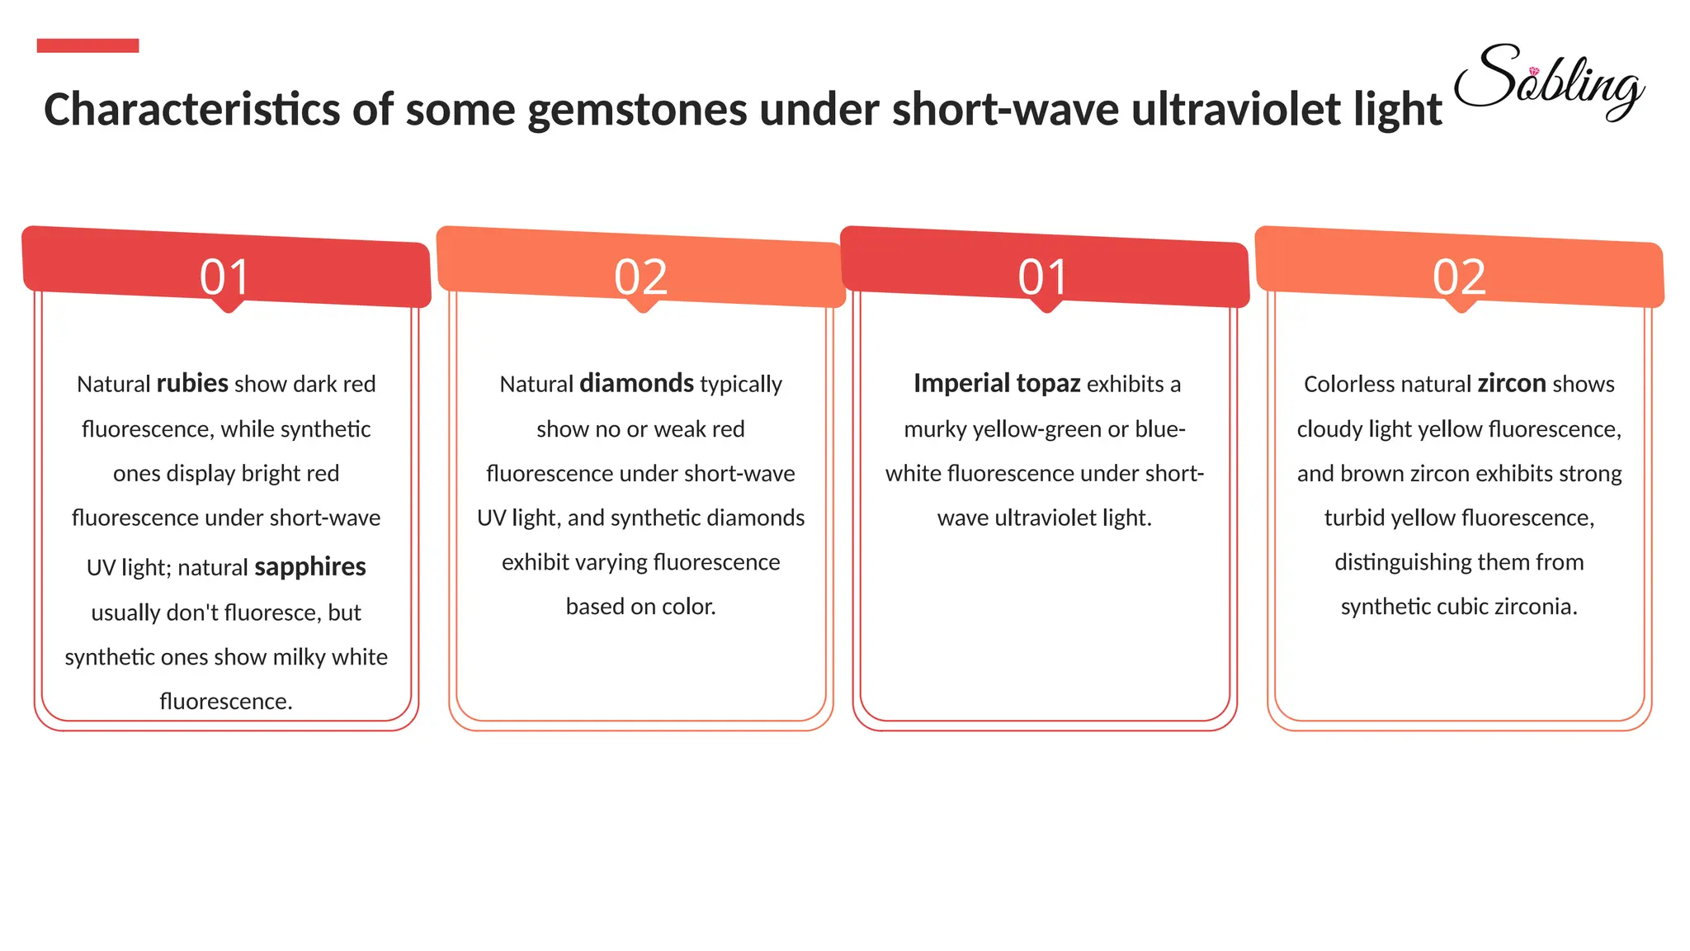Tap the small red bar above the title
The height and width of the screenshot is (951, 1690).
tap(87, 45)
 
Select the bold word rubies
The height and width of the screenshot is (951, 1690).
tap(192, 384)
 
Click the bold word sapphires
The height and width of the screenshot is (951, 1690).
tap(309, 567)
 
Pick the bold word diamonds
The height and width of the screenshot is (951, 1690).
tap(636, 384)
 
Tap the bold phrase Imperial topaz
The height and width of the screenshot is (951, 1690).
tap(996, 384)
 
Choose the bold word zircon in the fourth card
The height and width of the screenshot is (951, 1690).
tap(1511, 384)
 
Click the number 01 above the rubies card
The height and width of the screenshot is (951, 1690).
tap(224, 277)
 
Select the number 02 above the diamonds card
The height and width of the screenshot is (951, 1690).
tap(640, 277)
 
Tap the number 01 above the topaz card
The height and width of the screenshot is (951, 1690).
tap(1043, 277)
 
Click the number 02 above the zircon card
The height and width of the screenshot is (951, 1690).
tap(1459, 277)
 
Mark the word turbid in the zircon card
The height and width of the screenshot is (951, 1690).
tap(1354, 518)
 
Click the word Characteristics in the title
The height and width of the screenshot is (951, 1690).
tap(191, 110)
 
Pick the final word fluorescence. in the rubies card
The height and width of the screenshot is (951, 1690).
tap(226, 702)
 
